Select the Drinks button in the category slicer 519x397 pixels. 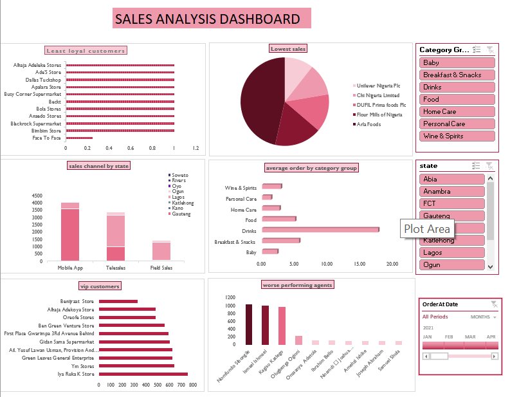pos(457,87)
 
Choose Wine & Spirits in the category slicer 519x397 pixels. pos(457,136)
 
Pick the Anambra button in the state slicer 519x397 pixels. pos(451,191)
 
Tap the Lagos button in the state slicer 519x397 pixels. pos(451,252)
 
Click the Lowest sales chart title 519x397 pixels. pos(288,49)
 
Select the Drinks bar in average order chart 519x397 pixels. pos(319,230)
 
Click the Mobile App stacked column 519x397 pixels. pos(70,235)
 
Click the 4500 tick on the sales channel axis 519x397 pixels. pos(37,196)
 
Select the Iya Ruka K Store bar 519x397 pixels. pos(143,374)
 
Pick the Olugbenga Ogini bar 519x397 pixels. pos(298,340)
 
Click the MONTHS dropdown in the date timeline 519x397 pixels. pos(484,317)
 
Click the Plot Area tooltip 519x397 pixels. pos(428,229)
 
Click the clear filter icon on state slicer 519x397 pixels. pos(489,166)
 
